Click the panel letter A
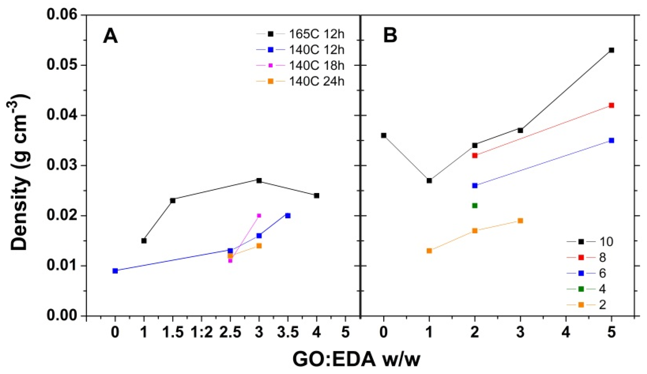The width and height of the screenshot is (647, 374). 110,36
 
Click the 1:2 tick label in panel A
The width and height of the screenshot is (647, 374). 201,333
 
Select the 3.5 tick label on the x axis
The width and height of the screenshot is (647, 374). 288,333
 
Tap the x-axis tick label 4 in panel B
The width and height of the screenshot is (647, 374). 566,333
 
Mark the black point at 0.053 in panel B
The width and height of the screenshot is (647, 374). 611,50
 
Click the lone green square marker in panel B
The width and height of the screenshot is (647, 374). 475,206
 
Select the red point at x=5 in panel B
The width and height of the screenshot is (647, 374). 611,105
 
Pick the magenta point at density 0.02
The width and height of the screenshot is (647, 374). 259,215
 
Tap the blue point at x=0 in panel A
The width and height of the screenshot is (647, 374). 115,271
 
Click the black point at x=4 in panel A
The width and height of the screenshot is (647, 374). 316,195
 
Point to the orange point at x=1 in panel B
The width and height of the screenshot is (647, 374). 429,251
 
